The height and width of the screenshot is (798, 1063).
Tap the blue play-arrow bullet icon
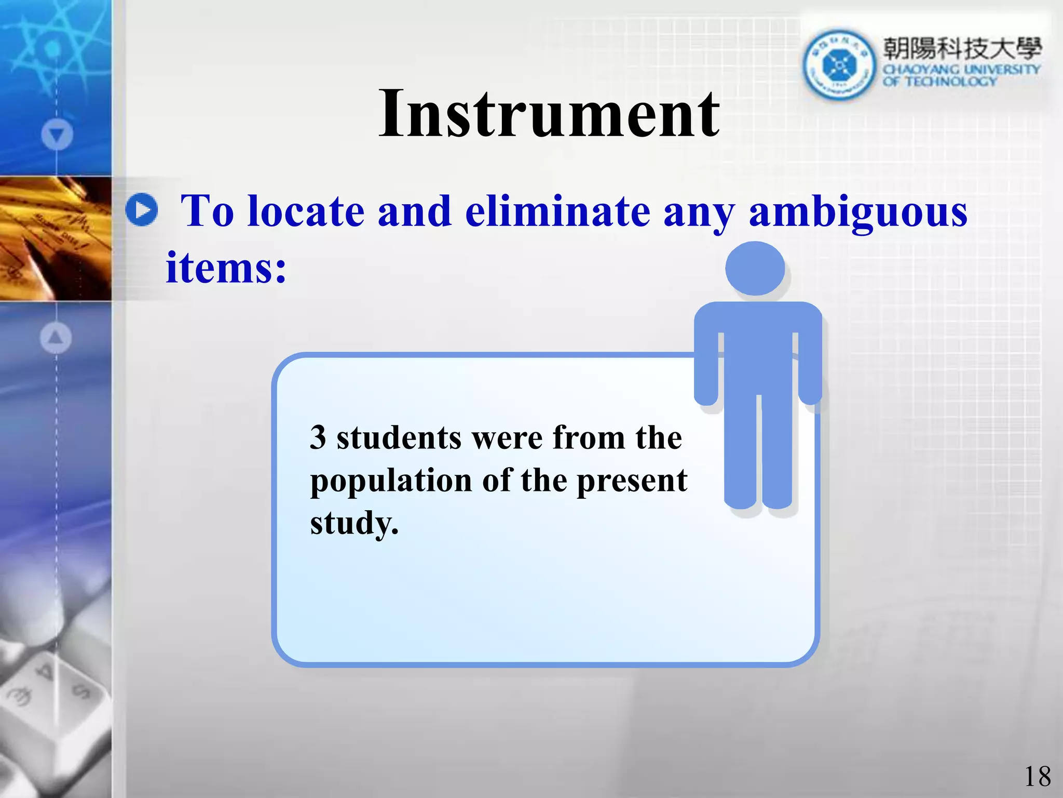[142, 210]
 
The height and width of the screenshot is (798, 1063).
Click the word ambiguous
[858, 212]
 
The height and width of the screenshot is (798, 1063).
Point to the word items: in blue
[226, 268]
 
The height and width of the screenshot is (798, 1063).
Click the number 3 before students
[318, 437]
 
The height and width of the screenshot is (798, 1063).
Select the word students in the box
[399, 437]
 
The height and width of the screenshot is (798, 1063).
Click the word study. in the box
[355, 523]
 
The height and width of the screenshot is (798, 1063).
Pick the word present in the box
[632, 480]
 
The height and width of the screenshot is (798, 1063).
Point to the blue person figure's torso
[758, 353]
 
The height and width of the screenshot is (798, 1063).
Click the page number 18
[1037, 777]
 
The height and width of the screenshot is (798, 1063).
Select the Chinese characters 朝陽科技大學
[962, 49]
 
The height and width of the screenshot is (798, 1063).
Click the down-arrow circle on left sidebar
[57, 135]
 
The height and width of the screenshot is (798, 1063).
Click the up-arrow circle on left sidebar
[56, 338]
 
